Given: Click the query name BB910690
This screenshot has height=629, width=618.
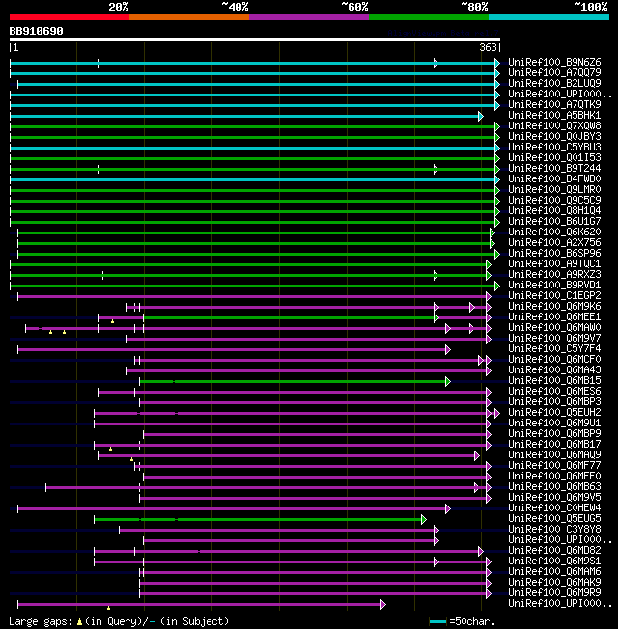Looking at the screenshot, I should (x=37, y=31).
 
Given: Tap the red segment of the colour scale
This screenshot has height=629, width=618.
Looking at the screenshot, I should (x=69, y=16).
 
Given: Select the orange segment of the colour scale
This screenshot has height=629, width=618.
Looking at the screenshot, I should (x=188, y=16).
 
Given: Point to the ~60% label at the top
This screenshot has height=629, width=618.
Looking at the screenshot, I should (x=354, y=7).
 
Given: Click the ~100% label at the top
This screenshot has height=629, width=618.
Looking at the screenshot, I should (x=590, y=7).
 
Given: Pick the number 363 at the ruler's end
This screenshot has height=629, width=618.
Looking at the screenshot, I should (x=488, y=47).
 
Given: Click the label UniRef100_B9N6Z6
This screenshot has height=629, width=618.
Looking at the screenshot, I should (x=554, y=63).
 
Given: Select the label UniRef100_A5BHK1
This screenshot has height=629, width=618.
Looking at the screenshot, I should (x=554, y=116).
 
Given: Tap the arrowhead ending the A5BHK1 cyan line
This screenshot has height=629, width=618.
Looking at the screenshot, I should (x=480, y=116).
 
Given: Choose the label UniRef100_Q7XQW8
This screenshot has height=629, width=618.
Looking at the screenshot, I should (x=554, y=126).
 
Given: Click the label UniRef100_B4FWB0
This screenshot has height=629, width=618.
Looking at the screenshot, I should (x=554, y=179).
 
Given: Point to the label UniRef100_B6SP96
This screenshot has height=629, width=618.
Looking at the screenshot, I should (x=554, y=254).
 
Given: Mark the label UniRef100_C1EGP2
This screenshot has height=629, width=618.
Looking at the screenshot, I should (x=554, y=296).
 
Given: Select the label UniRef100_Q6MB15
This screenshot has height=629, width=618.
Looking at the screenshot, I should (x=554, y=381).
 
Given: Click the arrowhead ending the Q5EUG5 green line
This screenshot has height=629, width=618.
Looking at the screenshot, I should (x=424, y=519).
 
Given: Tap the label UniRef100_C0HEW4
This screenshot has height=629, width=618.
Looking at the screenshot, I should (x=554, y=508).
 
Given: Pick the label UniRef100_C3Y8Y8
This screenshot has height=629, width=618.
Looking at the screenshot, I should (x=554, y=530).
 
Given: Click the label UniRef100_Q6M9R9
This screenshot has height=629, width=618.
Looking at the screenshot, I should (x=554, y=593).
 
